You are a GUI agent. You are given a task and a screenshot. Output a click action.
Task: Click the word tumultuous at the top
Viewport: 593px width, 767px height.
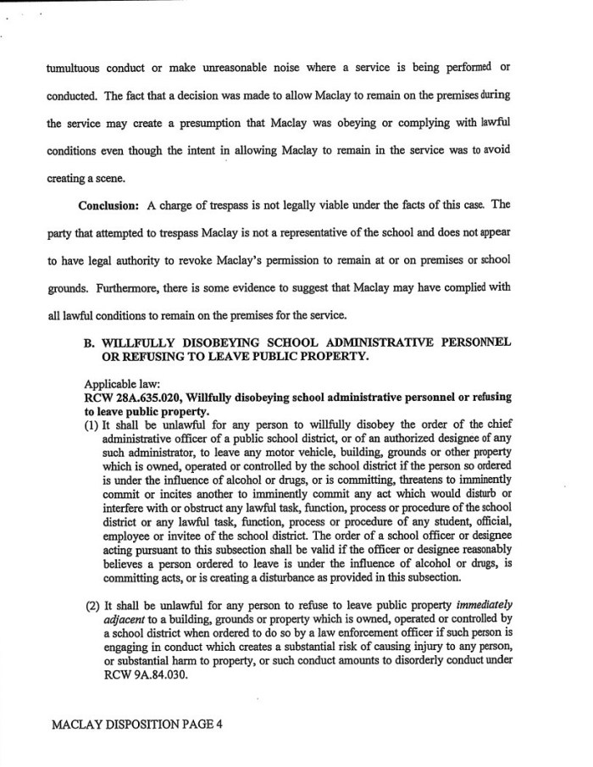(75, 67)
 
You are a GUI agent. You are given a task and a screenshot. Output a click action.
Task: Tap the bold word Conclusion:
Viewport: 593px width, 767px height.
(109, 205)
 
